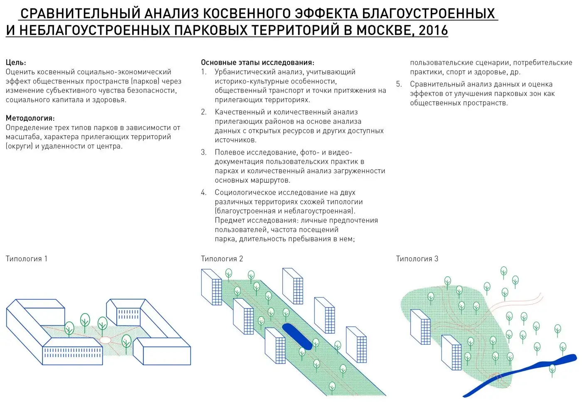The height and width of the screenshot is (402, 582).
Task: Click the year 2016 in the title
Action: click(x=433, y=30)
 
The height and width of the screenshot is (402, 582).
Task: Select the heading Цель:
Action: click(x=16, y=62)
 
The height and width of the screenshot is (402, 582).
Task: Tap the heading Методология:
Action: click(x=30, y=118)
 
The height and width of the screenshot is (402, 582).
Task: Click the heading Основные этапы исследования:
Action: click(x=257, y=62)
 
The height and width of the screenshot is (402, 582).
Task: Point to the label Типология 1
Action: click(x=27, y=259)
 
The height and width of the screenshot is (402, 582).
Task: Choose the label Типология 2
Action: click(x=222, y=259)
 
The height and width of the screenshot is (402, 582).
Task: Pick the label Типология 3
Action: click(x=417, y=259)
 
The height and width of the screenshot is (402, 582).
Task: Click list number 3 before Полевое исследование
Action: click(x=204, y=152)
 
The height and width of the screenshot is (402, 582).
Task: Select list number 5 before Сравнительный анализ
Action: click(x=399, y=84)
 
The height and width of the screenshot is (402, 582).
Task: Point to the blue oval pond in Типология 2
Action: click(x=297, y=336)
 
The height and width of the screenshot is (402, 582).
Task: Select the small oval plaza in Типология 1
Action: click(x=106, y=340)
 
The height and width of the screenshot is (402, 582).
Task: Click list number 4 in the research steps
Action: click(x=204, y=193)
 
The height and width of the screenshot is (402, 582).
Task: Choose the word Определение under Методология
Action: click(x=29, y=127)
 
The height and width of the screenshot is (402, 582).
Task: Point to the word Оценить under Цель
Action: click(x=19, y=72)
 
